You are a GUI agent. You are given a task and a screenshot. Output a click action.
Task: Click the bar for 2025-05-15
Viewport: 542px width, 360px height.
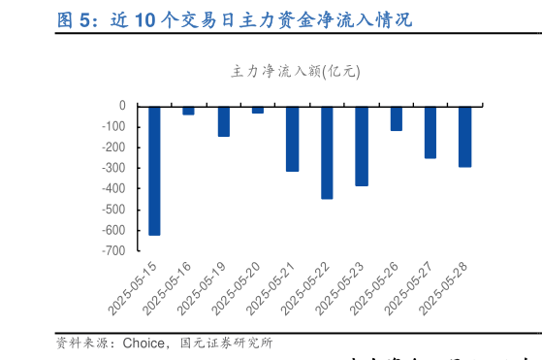pyautogui.click(x=154, y=170)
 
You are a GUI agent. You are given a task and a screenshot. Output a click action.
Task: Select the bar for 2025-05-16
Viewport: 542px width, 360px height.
pyautogui.click(x=188, y=110)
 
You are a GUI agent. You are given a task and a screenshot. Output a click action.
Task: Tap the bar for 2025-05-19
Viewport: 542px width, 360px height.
pyautogui.click(x=223, y=121)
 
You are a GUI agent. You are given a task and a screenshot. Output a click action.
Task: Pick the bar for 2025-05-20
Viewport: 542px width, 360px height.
pyautogui.click(x=258, y=109)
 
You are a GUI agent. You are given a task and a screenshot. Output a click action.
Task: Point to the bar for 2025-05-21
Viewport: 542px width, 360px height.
pyautogui.click(x=292, y=138)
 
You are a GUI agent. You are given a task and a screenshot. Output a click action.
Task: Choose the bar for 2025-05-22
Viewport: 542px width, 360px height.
pyautogui.click(x=327, y=151)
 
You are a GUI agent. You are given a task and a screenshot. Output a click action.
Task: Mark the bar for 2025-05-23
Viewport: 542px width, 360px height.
pyautogui.click(x=362, y=146)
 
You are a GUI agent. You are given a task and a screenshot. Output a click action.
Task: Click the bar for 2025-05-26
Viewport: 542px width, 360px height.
pyautogui.click(x=396, y=117)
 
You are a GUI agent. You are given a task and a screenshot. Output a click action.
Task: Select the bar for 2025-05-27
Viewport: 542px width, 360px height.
pyautogui.click(x=430, y=132)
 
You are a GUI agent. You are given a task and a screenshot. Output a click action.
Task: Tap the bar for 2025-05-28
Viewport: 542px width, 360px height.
pyautogui.click(x=464, y=136)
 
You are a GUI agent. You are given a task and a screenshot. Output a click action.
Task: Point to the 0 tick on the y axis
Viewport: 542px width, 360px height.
pyautogui.click(x=122, y=105)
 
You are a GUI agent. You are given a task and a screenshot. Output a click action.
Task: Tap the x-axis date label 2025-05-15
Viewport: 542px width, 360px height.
pyautogui.click(x=132, y=287)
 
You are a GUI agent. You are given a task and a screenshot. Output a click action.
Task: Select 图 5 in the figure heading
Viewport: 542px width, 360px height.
pyautogui.click(x=75, y=19)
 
